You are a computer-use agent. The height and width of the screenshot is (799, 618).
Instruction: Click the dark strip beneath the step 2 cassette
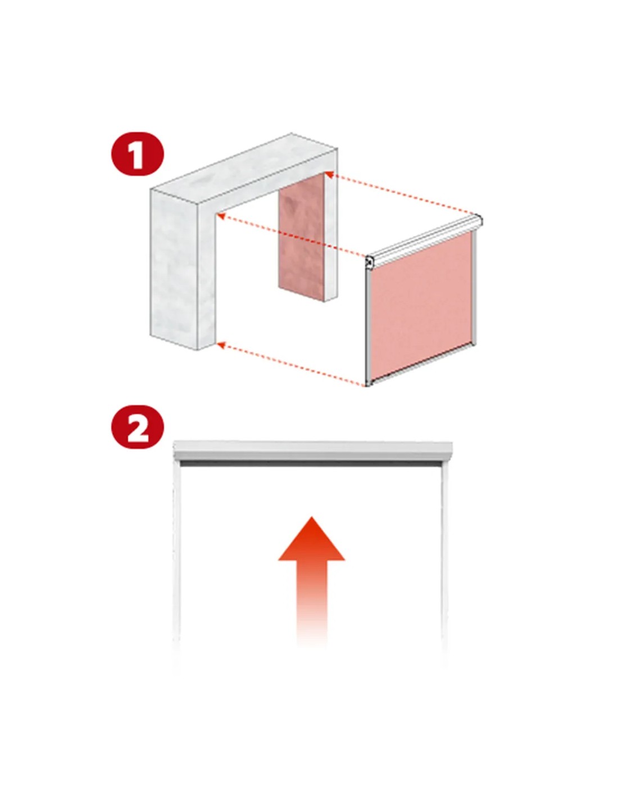point(311,464)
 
